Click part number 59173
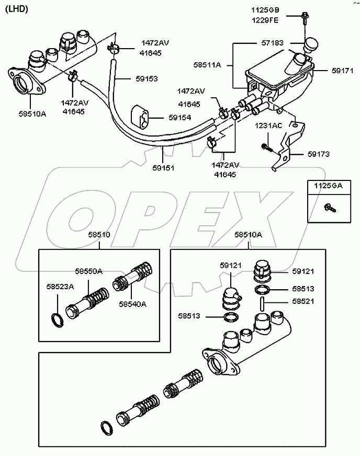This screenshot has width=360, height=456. (319, 154)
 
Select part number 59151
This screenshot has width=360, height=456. (164, 168)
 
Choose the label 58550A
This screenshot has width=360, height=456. (88, 271)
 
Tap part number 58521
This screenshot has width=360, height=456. (303, 302)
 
